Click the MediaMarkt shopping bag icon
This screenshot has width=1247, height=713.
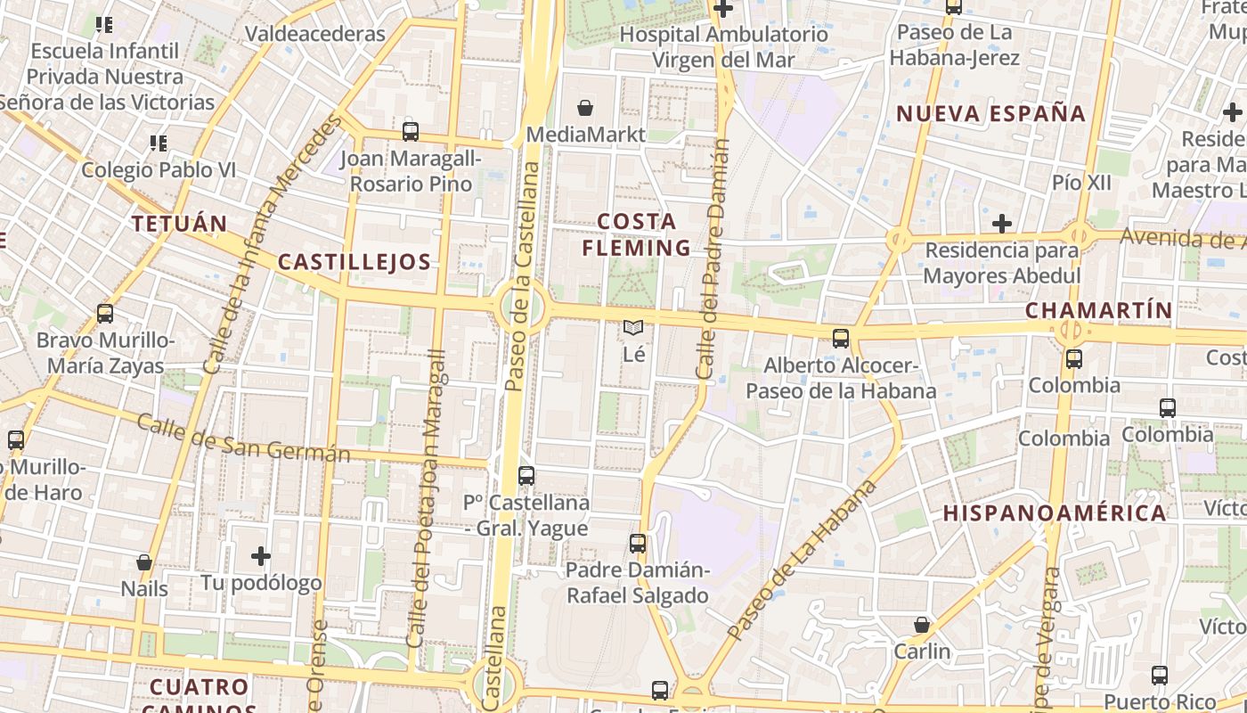585,108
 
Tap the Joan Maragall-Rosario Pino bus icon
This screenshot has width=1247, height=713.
411,131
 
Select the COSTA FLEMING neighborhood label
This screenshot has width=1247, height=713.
636,234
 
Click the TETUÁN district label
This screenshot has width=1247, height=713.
180,224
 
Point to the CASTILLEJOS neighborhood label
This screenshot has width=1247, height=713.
355,262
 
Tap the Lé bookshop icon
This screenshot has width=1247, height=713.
633,328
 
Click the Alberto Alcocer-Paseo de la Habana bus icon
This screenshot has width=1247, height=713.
841,338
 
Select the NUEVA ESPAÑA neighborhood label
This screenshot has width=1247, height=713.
990,114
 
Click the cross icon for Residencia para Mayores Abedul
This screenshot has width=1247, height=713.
1002,223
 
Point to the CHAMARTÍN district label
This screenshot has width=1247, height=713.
1098,310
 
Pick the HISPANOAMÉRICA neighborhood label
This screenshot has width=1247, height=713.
1055,513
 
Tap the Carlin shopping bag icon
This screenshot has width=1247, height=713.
922,625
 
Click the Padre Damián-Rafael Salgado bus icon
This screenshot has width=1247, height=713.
638,543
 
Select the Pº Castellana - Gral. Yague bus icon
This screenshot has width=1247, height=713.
526,475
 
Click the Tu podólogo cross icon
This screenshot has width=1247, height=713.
261,557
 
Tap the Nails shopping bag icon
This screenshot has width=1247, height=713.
144,562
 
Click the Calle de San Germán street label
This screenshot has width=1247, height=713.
243,438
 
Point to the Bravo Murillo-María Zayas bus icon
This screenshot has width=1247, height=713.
105,314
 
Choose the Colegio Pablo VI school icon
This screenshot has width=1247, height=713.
159,143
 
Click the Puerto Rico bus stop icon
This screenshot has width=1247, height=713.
1160,675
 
